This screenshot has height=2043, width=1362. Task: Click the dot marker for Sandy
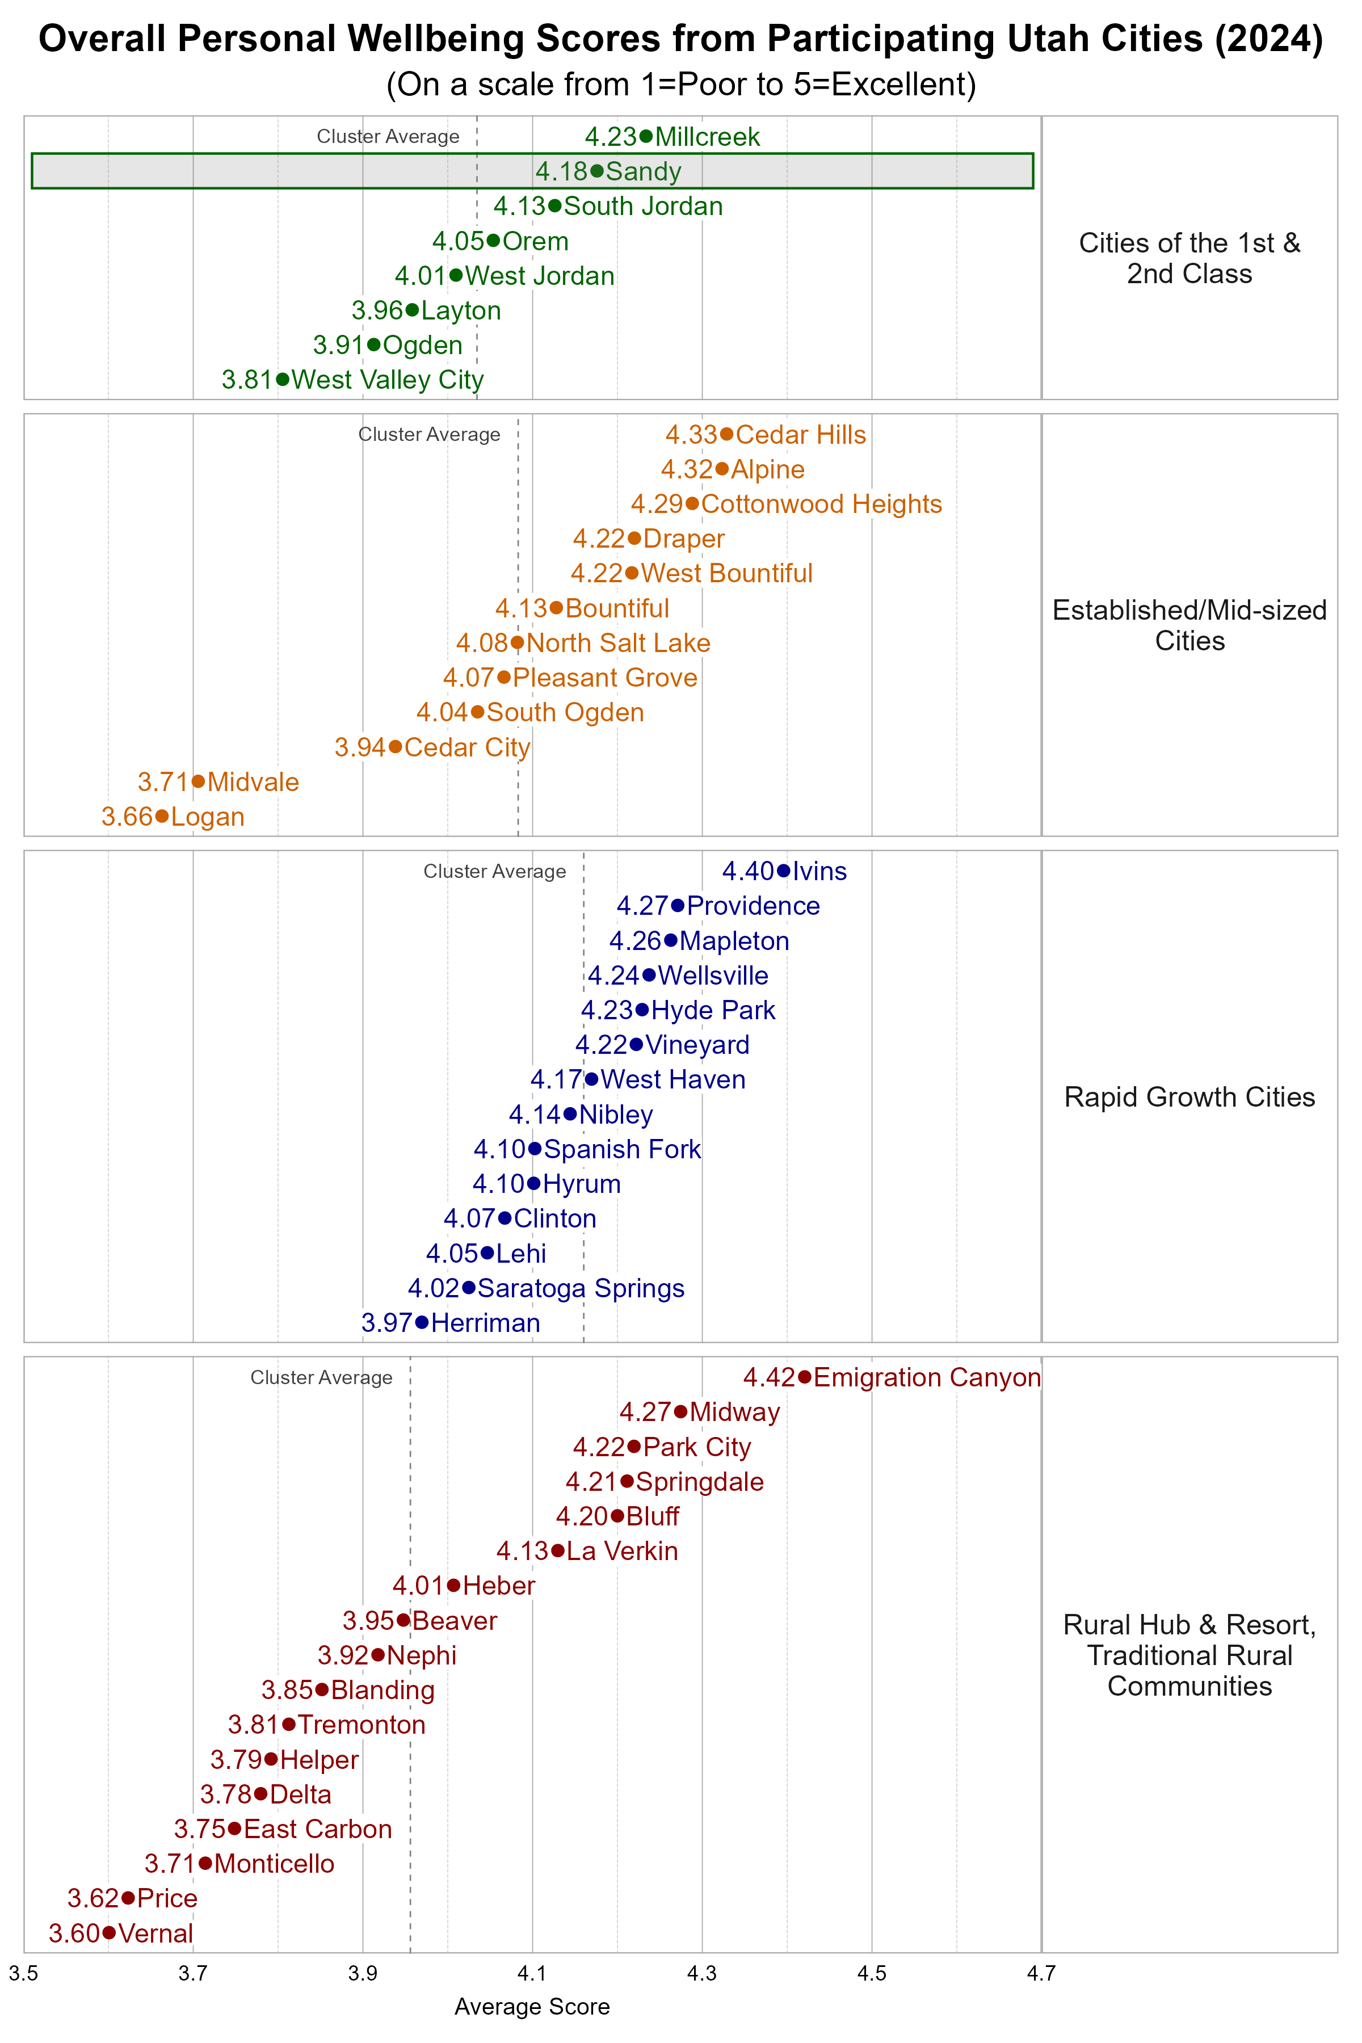[597, 171]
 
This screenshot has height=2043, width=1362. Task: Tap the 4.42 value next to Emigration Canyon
[769, 1378]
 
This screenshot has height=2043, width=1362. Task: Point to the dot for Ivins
[784, 871]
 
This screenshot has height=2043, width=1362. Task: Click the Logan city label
[208, 817]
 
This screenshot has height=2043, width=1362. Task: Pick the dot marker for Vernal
[108, 1933]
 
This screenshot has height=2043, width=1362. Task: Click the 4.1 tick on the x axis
[532, 1974]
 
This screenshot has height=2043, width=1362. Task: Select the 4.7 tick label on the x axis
[1041, 1974]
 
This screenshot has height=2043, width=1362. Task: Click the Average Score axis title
[532, 2007]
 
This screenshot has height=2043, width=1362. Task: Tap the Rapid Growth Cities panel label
[1188, 1097]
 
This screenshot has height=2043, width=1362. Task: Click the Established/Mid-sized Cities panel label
[1188, 625]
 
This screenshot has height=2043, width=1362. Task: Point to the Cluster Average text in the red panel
[321, 1378]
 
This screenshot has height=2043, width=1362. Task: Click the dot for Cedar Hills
[726, 434]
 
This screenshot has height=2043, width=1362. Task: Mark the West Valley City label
[388, 380]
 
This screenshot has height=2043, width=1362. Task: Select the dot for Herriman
[422, 1322]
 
